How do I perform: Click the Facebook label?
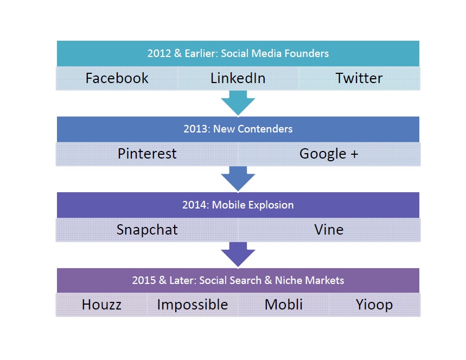(117, 78)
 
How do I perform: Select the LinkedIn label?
(238, 78)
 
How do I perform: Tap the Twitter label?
(359, 78)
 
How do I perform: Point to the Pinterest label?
(147, 154)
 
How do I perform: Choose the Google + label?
(329, 154)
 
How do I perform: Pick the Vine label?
(329, 230)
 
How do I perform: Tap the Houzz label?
(101, 305)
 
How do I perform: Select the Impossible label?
(193, 305)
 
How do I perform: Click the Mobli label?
(284, 305)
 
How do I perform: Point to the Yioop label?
(374, 305)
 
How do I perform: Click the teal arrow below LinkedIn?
(238, 103)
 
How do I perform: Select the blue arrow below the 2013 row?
(238, 179)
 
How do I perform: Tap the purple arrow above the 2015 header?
(238, 255)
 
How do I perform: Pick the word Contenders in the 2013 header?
(265, 129)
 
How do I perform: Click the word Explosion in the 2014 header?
(271, 205)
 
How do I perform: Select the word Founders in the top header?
(307, 54)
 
